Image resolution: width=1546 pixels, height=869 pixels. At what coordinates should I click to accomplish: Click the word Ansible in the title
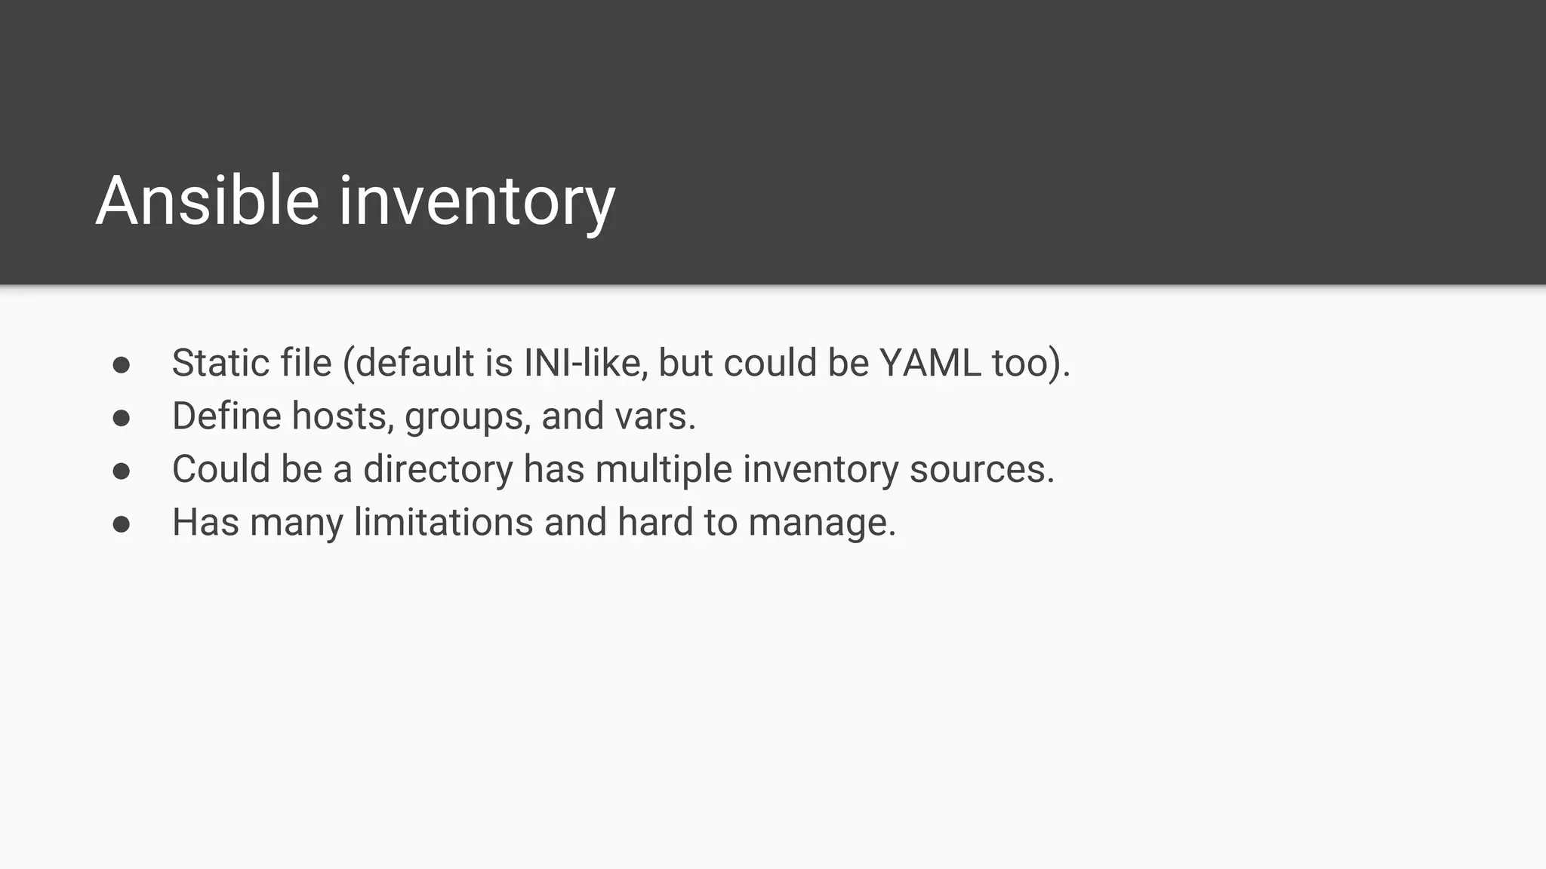[x=208, y=201]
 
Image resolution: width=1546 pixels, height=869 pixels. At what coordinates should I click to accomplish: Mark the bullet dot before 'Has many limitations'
[x=122, y=524]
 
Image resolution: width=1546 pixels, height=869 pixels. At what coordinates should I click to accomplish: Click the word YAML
[x=930, y=363]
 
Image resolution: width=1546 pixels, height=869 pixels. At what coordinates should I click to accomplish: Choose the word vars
[x=655, y=416]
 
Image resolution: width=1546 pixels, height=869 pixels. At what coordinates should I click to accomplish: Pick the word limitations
[x=443, y=522]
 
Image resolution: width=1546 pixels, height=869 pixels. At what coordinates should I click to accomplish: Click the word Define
[x=226, y=416]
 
